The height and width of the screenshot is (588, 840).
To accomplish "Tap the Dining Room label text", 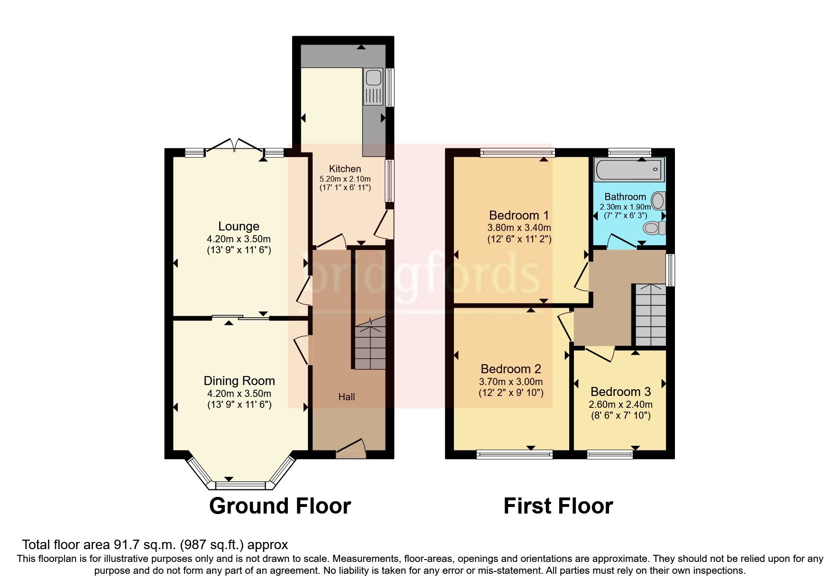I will (x=239, y=381).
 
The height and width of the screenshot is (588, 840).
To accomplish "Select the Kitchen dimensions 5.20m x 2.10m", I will (x=345, y=179).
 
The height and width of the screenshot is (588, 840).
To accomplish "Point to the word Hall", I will (x=346, y=397).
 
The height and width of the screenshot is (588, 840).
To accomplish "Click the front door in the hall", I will (x=351, y=448).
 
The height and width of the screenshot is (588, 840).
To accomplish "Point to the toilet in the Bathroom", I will (x=655, y=228).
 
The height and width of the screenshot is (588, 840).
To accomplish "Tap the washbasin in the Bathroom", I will (x=659, y=201).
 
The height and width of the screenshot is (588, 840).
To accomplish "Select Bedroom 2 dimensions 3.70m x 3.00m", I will (x=511, y=382).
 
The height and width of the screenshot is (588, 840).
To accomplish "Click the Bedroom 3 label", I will (x=620, y=392).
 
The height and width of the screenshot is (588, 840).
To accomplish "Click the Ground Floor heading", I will (x=280, y=506).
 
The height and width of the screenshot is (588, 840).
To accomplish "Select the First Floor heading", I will (x=558, y=506).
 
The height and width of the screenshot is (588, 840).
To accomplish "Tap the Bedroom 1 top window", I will (x=517, y=152).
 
